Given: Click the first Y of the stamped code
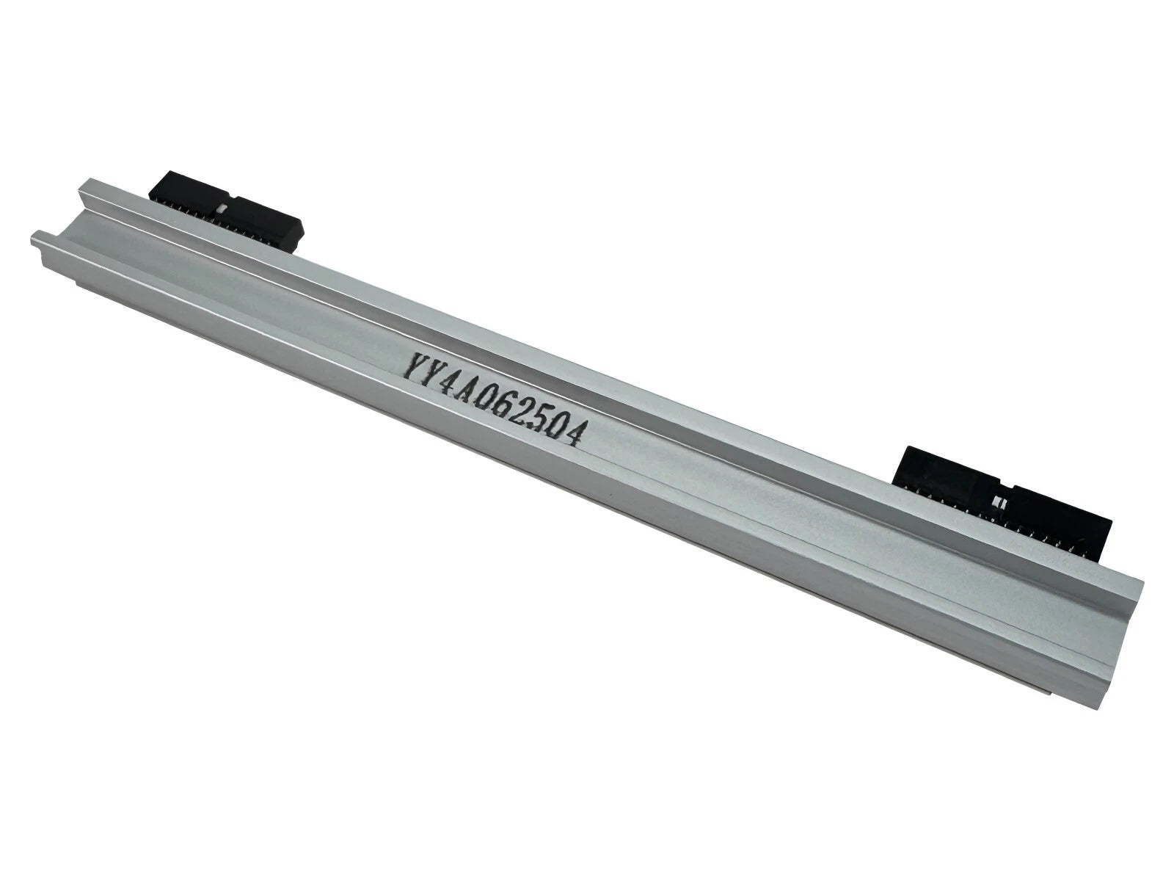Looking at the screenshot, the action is [415, 365].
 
